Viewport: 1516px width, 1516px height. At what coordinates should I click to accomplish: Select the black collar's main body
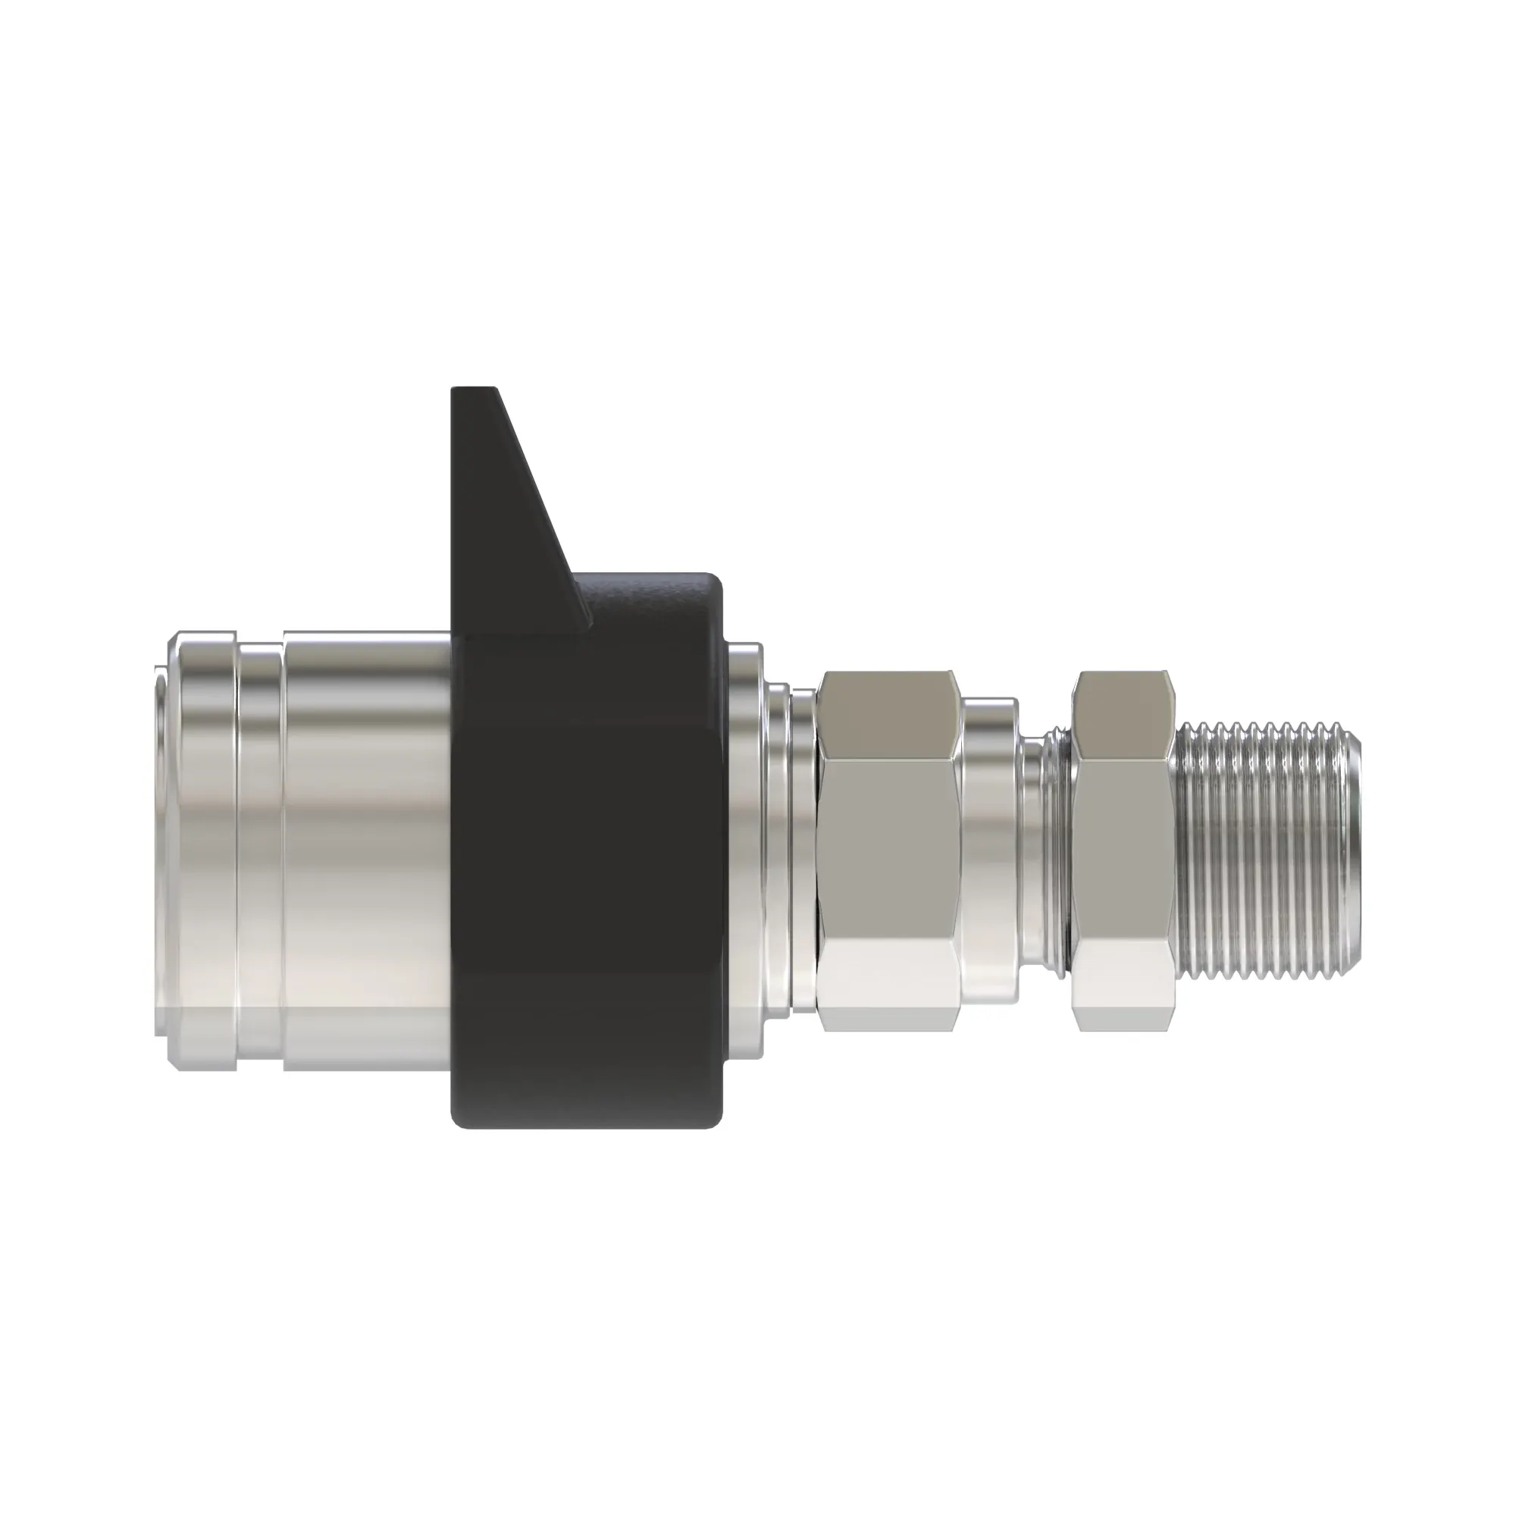(x=588, y=863)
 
